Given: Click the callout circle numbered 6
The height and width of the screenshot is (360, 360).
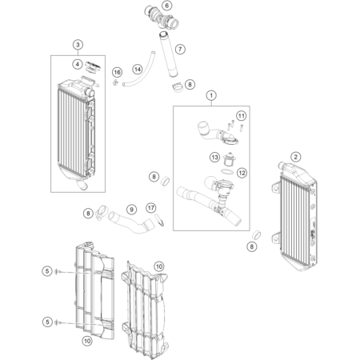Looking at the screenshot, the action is tap(167, 6).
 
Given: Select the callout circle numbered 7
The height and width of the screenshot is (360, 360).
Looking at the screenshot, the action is tap(180, 49).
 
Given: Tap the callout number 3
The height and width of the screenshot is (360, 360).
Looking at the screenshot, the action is tap(78, 45).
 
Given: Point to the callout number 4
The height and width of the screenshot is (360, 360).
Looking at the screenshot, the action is tap(78, 64).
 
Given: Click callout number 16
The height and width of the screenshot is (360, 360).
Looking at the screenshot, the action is tap(117, 72).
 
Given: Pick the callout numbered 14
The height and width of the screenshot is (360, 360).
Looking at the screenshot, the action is tap(138, 70).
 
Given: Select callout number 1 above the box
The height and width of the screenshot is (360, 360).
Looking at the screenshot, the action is tap(211, 95).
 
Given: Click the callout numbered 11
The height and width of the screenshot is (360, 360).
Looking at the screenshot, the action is tap(241, 116).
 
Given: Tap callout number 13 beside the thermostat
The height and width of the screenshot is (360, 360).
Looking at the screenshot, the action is tap(214, 158).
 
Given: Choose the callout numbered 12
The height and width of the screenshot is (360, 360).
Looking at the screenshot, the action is tap(242, 173).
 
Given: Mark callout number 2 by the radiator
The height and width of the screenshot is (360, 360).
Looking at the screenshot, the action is tap(295, 157).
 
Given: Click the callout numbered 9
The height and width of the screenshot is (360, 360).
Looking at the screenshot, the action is tap(131, 210).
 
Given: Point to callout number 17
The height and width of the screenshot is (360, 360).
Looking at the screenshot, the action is tap(151, 208).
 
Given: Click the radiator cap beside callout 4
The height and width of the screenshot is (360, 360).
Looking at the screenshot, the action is tap(93, 67).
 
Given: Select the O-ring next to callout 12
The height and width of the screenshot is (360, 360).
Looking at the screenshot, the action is tap(227, 171).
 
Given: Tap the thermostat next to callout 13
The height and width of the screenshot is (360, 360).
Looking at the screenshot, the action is tap(228, 159).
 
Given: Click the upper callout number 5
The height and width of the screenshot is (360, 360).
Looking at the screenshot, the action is tap(47, 271).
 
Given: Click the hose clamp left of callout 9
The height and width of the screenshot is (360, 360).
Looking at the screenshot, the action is tap(101, 213).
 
